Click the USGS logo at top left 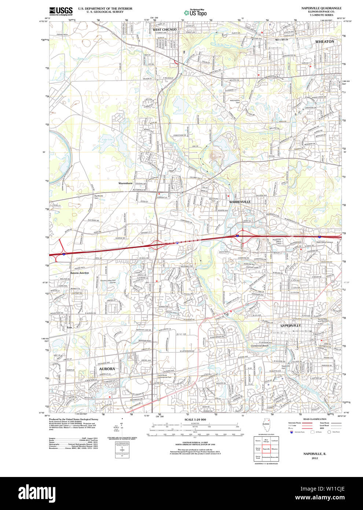tap(61, 11)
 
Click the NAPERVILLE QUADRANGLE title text tap(321, 8)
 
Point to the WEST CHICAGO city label tap(164, 29)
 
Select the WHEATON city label tap(324, 42)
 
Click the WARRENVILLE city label tap(240, 202)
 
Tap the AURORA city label tap(107, 369)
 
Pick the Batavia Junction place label tap(80, 273)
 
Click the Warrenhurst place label tap(125, 183)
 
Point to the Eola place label tap(69, 327)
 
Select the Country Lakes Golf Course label tap(108, 281)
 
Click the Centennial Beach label tap(260, 346)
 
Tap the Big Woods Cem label tap(99, 197)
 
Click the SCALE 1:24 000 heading tap(195, 419)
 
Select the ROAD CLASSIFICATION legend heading tap(315, 419)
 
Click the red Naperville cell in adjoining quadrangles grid tap(266, 449)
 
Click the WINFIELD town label tap(282, 39)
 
